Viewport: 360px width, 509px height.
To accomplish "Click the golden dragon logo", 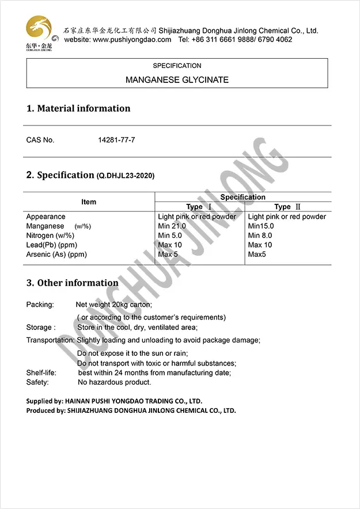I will (x=39, y=31).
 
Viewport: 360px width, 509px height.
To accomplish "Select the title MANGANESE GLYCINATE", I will (x=177, y=80).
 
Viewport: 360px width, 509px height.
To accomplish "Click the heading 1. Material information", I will (x=78, y=108).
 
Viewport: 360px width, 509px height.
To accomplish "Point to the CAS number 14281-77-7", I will (x=117, y=140).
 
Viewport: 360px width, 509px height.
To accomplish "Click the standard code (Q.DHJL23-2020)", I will (x=126, y=176).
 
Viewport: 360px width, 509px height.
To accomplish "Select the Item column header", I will (x=89, y=202).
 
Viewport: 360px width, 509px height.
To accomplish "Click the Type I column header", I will (x=199, y=207).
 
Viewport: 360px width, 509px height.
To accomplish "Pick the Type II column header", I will (x=287, y=207).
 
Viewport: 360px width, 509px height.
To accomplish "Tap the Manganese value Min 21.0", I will (x=172, y=226).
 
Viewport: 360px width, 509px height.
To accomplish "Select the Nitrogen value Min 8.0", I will (x=261, y=235).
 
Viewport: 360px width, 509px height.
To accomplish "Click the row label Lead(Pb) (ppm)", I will (x=52, y=245).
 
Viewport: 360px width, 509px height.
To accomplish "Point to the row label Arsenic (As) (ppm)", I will (x=56, y=254).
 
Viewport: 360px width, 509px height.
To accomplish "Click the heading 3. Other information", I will (x=73, y=283).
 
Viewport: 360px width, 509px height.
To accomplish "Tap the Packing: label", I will (x=40, y=304).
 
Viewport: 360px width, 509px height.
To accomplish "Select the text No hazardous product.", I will (x=115, y=382).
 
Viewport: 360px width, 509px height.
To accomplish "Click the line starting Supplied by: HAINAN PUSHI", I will (x=114, y=401).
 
